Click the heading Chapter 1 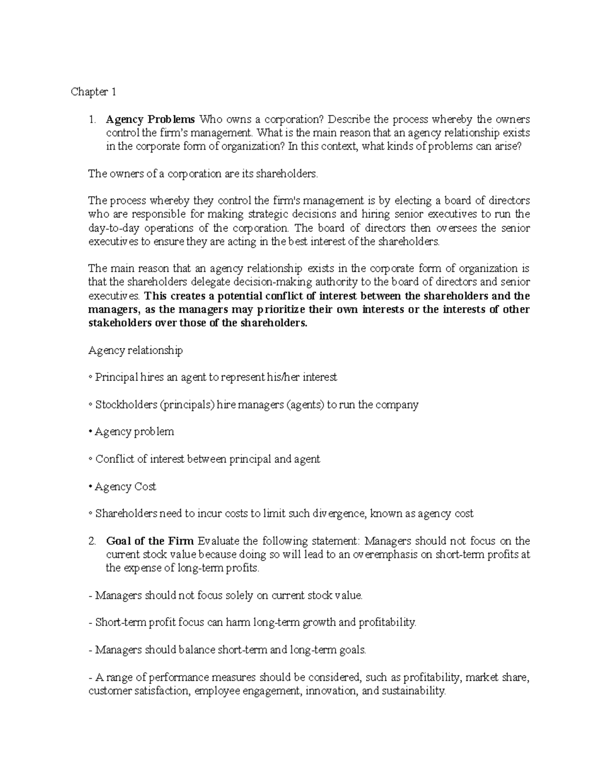[94, 92]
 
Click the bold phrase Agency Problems [150, 120]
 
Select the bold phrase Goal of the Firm [150, 541]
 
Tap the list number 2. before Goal [92, 541]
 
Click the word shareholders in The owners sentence [286, 174]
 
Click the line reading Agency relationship [135, 350]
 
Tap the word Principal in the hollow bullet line [117, 378]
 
